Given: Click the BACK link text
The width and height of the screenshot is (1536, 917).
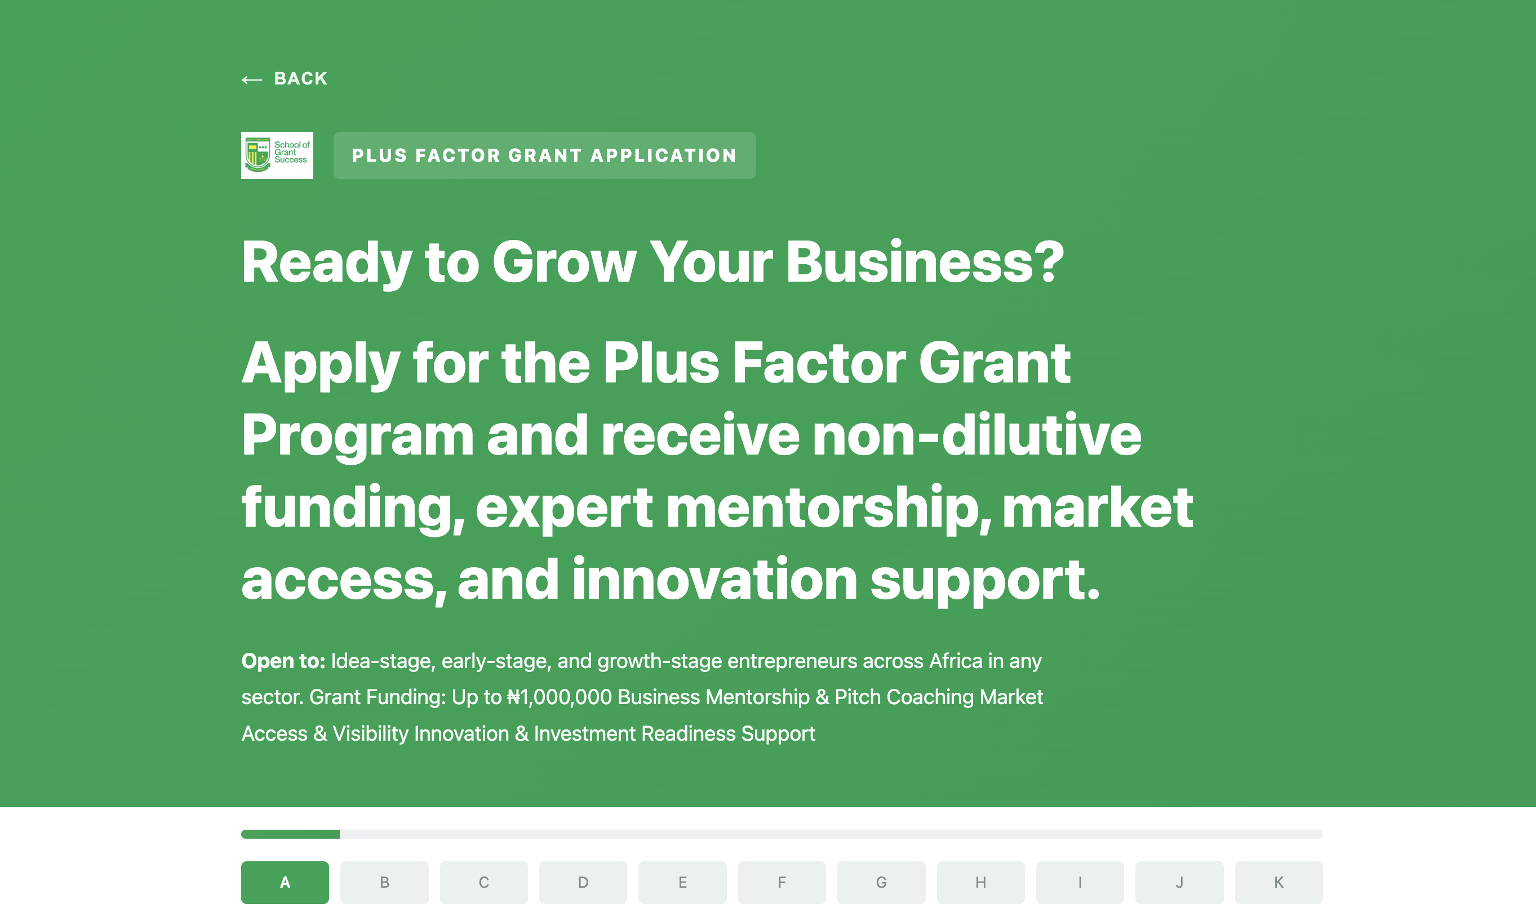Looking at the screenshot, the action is click(x=300, y=78).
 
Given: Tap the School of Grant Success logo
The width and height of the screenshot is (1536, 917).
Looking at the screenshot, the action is click(x=277, y=155).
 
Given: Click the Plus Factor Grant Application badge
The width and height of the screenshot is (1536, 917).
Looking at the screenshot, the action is click(x=544, y=155).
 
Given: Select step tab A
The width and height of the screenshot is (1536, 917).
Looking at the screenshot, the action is click(x=285, y=883).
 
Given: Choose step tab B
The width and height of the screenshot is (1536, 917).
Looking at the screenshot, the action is click(x=384, y=883).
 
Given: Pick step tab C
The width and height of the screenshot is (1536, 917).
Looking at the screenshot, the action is click(x=484, y=883).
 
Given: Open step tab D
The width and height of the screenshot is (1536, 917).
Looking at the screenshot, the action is click(x=583, y=883).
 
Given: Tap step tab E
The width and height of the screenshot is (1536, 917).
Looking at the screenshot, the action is click(x=682, y=883).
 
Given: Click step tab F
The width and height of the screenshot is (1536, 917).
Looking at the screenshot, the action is click(x=782, y=883).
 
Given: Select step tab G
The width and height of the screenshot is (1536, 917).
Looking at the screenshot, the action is click(x=881, y=883).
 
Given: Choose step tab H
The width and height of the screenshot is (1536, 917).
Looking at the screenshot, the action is click(x=981, y=883).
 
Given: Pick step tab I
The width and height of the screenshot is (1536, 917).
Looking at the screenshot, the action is click(x=1080, y=883).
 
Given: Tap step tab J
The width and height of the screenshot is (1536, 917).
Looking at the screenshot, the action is click(x=1179, y=883).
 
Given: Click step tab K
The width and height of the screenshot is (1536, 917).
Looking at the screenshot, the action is click(x=1279, y=883).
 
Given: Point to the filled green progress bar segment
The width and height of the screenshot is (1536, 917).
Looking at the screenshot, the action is click(x=291, y=834).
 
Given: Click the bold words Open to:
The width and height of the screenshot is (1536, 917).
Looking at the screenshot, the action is click(x=283, y=661).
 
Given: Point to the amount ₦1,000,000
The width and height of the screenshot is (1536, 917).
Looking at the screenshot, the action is click(x=560, y=697).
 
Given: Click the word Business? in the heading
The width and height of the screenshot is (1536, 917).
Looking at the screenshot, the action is click(x=925, y=262).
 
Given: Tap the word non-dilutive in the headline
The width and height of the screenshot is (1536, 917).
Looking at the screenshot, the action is click(x=976, y=435).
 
